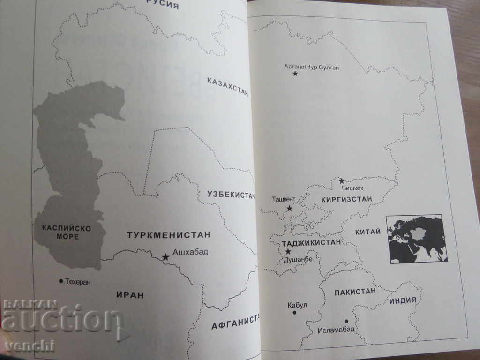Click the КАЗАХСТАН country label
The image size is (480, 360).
(x=227, y=86)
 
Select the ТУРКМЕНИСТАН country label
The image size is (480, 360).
(x=169, y=234)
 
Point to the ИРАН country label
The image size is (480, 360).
(x=130, y=295)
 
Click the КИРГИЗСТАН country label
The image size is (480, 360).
(x=347, y=199)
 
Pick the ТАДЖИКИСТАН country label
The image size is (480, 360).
(x=311, y=243)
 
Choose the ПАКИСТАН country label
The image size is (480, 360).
(x=355, y=292)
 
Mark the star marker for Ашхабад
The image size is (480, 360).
(x=165, y=257)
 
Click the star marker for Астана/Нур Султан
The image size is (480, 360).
(x=295, y=74)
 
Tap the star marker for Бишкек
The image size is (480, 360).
(x=342, y=181)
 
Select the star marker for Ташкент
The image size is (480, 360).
(x=290, y=208)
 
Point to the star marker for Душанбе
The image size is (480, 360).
(x=287, y=252)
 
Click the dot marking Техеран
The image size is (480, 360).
(x=61, y=281)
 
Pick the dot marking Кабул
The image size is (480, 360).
(x=294, y=312)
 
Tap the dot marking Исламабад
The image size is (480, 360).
(x=346, y=321)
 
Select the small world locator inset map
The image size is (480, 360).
(x=416, y=239)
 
